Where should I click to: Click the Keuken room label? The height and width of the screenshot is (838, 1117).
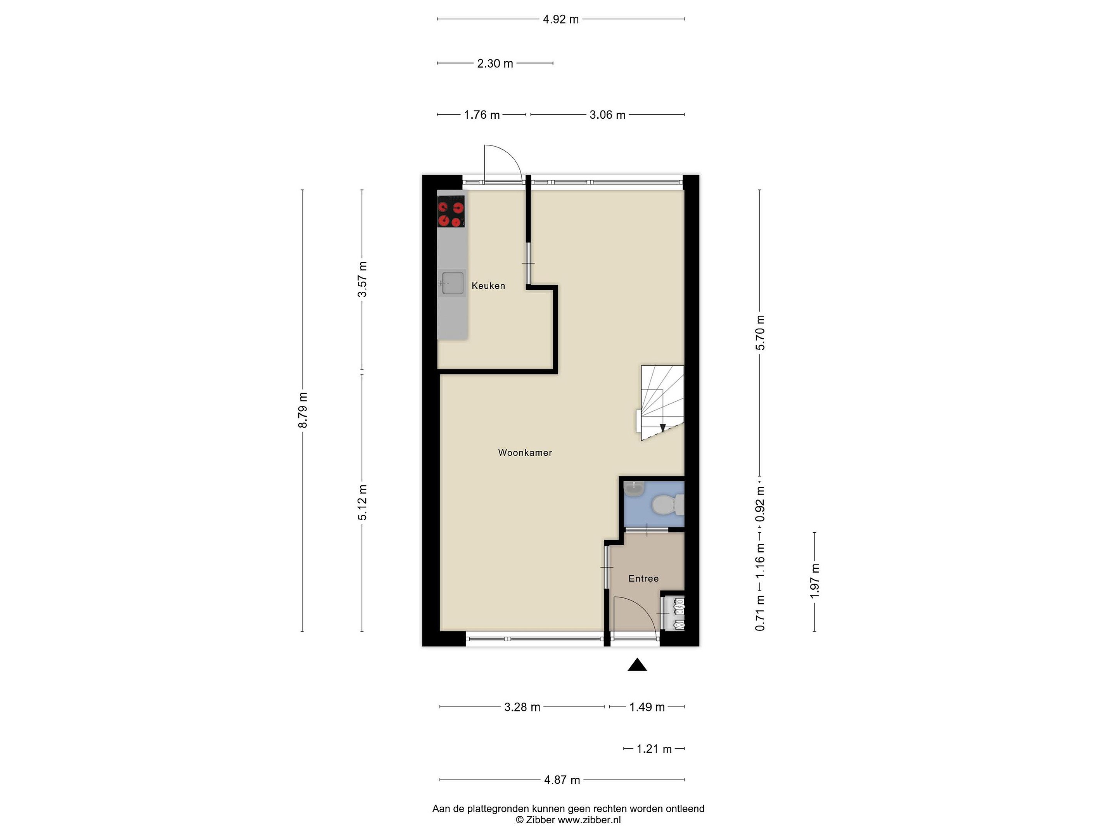(x=488, y=286)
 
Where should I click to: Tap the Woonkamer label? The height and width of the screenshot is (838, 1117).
(x=525, y=453)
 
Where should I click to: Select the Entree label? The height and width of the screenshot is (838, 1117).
(x=643, y=578)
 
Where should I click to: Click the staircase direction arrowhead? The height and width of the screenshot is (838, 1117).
(x=662, y=427)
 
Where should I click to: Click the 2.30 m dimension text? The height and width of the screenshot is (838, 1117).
(x=495, y=64)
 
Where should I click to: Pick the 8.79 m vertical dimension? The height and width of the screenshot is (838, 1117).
(x=303, y=410)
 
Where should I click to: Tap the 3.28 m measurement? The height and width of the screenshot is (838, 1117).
(x=522, y=707)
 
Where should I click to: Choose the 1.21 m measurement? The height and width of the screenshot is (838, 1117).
(x=654, y=749)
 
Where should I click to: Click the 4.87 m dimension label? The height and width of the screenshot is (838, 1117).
(x=562, y=780)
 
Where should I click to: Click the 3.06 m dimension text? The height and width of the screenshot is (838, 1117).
(x=607, y=115)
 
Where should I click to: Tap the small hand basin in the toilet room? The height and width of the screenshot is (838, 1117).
(x=634, y=489)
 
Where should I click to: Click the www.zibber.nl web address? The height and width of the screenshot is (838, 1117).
(x=589, y=820)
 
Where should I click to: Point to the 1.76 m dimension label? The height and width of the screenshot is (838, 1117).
(x=482, y=115)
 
